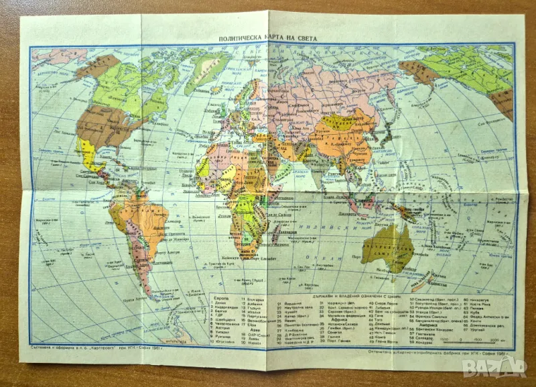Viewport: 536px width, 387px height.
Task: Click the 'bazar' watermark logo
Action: [x=496, y=366]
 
